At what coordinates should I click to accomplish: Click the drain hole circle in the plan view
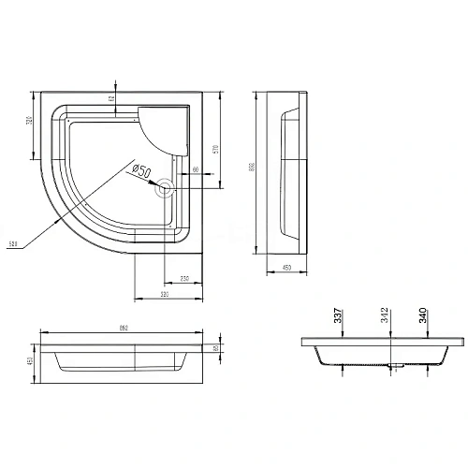166,187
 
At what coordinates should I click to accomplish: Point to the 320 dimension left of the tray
29,125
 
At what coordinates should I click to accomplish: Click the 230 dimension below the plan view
186,279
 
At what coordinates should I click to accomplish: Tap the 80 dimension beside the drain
196,170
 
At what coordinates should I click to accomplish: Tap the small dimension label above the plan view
110,97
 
